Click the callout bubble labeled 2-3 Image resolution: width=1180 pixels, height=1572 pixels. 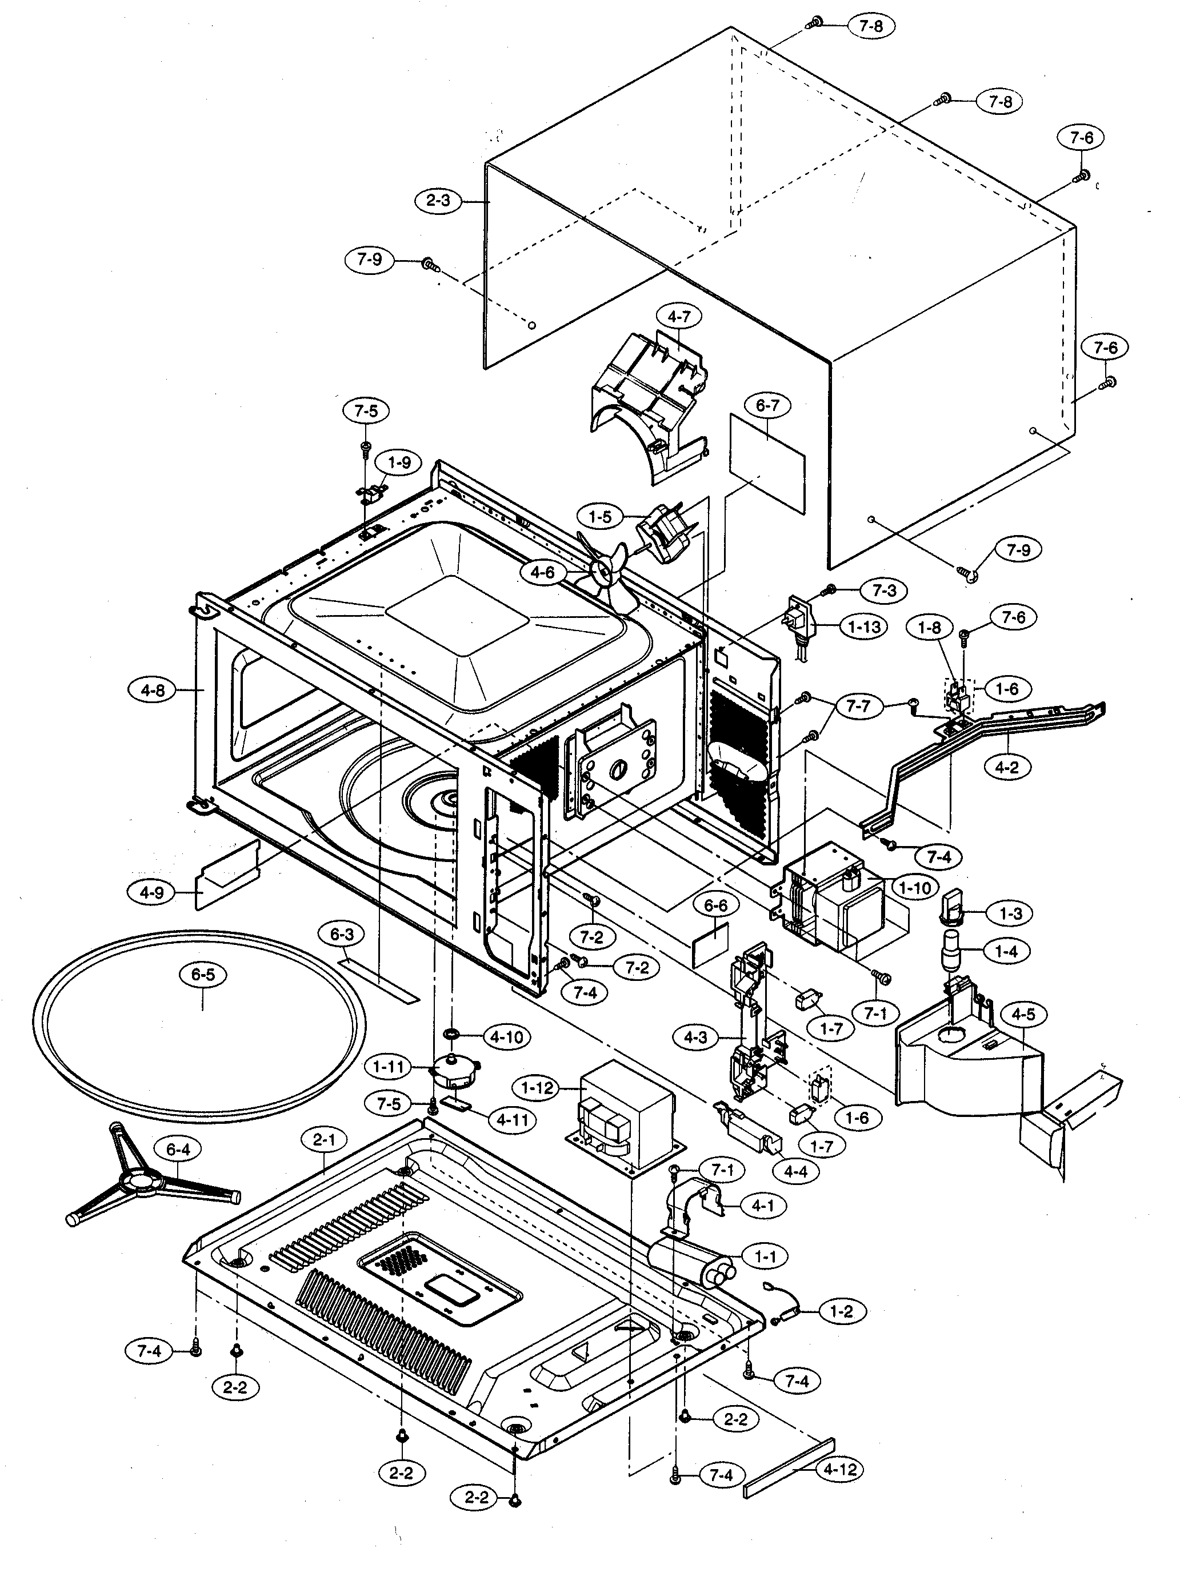click(438, 201)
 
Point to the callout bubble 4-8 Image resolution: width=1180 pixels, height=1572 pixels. click(153, 689)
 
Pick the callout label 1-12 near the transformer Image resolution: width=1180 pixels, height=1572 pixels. click(537, 1088)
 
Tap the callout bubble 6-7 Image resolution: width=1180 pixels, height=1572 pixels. click(767, 406)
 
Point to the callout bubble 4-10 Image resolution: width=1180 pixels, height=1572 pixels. click(506, 1037)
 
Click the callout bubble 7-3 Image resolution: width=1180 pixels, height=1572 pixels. click(885, 591)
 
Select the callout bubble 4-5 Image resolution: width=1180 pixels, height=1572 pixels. click(1023, 1015)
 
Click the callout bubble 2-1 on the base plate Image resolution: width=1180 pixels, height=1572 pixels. click(323, 1140)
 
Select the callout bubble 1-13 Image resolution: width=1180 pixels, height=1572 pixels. click(864, 627)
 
